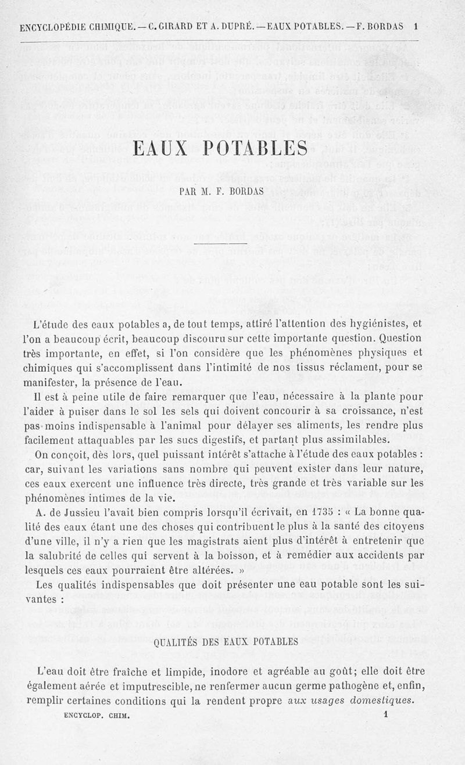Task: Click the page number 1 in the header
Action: [x=416, y=26]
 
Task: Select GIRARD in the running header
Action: [x=172, y=26]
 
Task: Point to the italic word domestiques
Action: [x=380, y=700]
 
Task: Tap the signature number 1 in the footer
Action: [x=385, y=716]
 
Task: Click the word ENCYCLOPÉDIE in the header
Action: [x=53, y=26]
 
